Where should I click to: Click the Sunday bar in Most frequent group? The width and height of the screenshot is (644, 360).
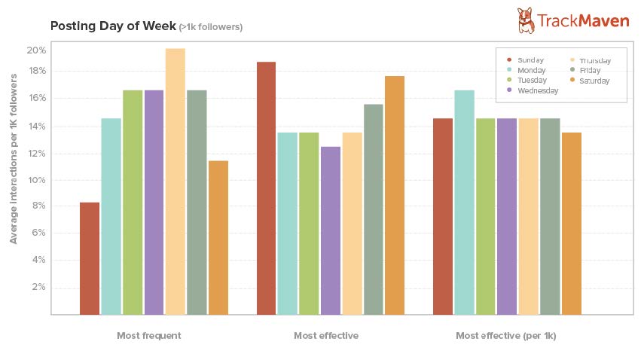coord(90,258)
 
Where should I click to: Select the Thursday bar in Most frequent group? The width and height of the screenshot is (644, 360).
coord(175,182)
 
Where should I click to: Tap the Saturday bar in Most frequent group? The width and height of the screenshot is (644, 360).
coord(218,237)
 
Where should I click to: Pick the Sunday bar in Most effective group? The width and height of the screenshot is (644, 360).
coord(267,188)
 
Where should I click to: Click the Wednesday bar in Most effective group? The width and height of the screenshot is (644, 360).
coord(331,230)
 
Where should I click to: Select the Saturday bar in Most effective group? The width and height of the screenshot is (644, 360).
coord(395,195)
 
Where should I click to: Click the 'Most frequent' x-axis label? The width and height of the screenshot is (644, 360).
coord(149,335)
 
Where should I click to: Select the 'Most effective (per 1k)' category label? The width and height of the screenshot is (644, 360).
coord(505,335)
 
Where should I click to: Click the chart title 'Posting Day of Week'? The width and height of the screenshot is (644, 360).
coord(112,26)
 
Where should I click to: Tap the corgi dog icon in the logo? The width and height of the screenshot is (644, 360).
coord(526,20)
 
